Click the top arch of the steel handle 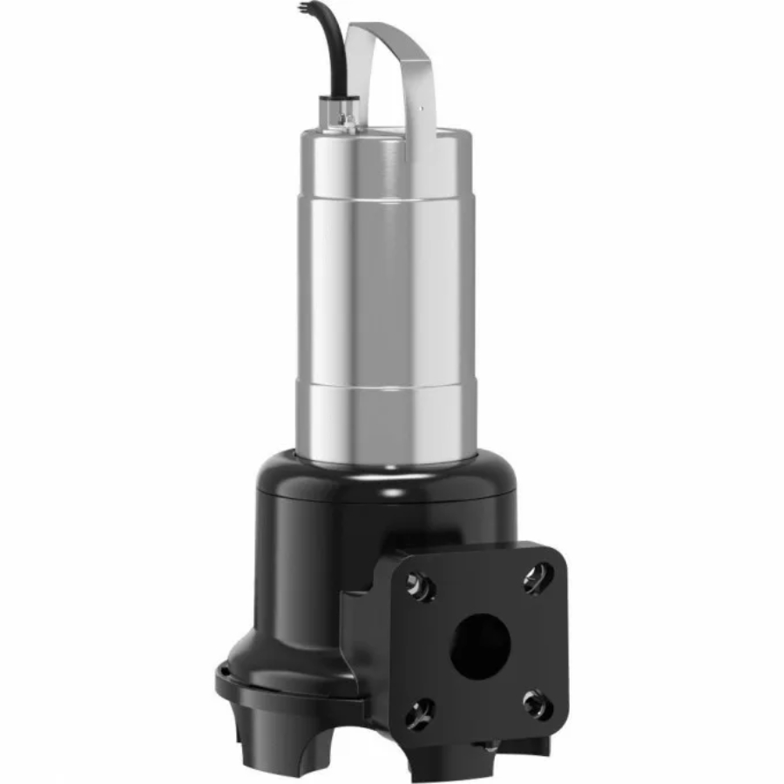coord(383,30)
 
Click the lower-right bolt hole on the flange coord(536,702)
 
